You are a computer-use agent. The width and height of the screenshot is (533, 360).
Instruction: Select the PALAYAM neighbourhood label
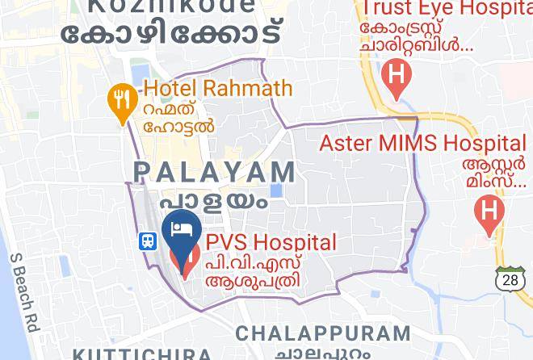point(214,172)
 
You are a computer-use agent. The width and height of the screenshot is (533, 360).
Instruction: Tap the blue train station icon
point(148,241)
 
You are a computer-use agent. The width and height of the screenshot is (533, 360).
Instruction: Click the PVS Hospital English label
point(270,242)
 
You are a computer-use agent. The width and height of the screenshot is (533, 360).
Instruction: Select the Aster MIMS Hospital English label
point(422,144)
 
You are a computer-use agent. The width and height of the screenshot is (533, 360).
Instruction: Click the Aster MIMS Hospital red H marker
point(489,212)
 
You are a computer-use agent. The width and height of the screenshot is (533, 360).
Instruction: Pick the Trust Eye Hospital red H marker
point(396,77)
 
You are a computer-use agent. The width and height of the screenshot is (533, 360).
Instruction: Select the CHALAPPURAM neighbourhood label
point(323,333)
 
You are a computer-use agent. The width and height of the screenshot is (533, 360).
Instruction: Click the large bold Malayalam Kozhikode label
point(174,35)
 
